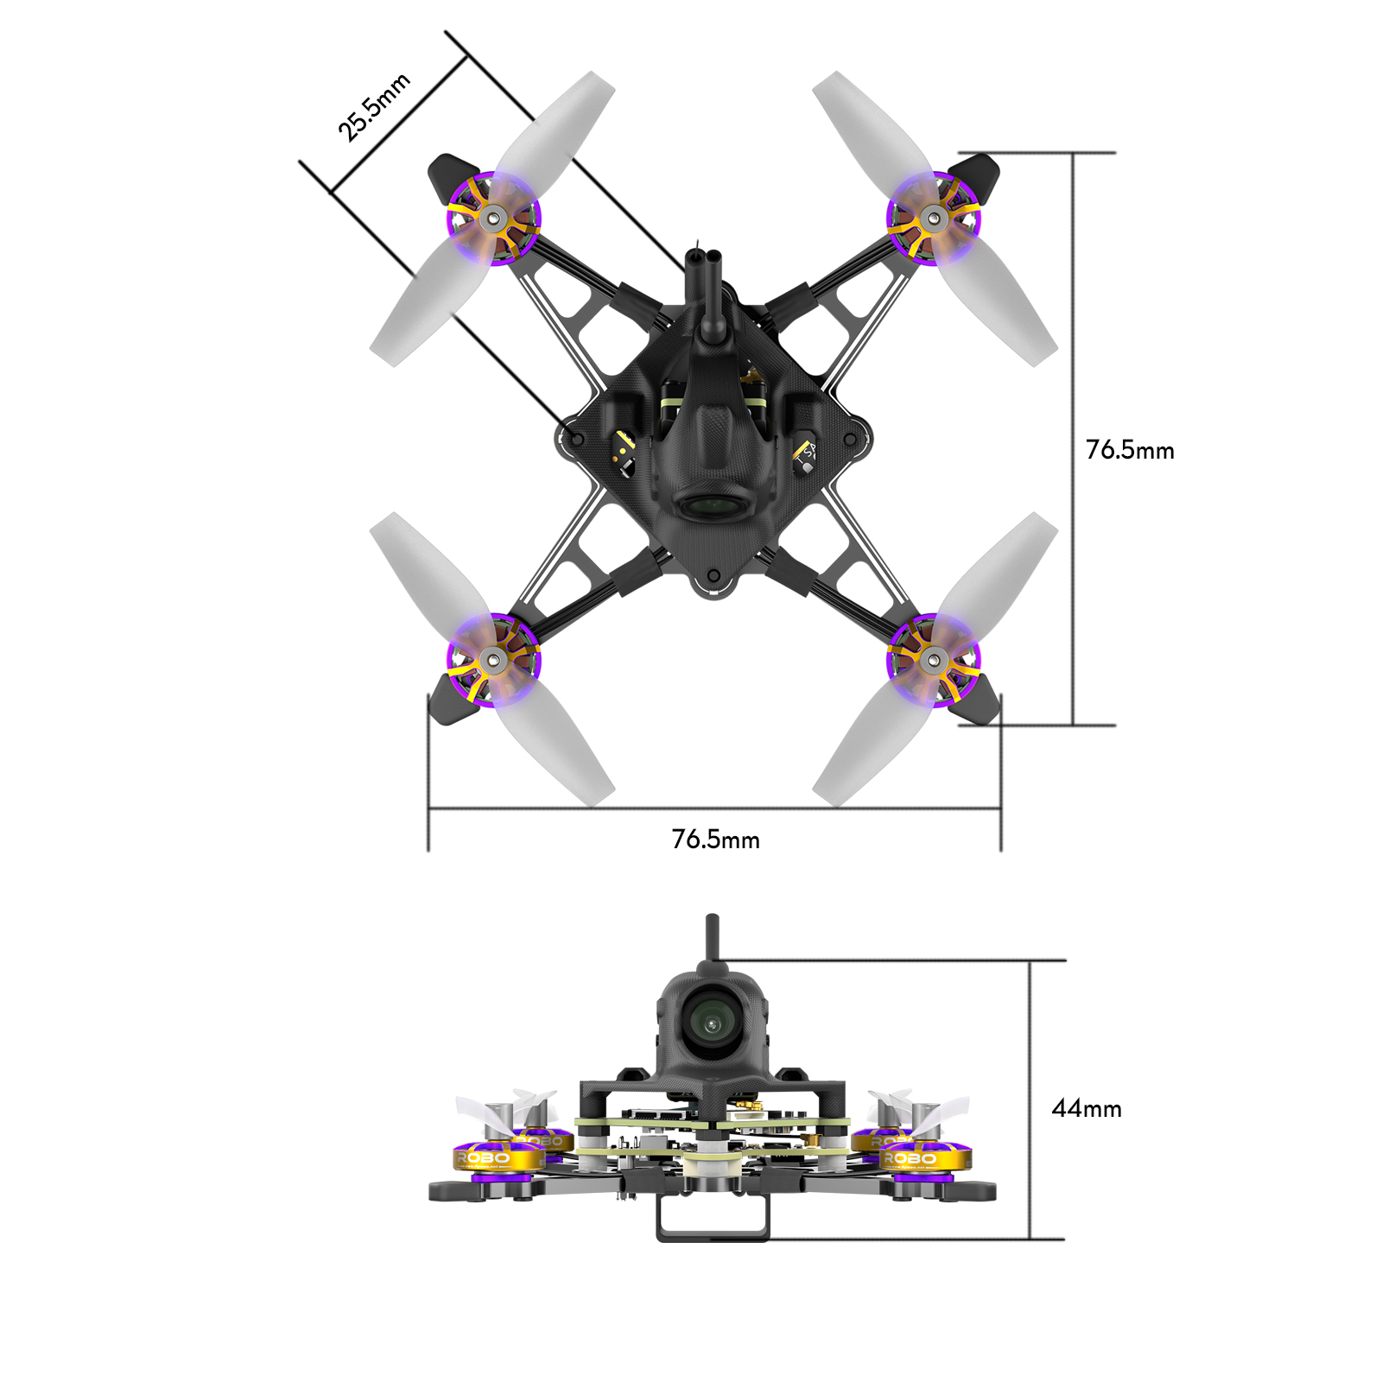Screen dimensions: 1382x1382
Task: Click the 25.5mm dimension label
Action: click(x=373, y=108)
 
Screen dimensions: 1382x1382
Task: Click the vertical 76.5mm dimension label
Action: click(x=1129, y=450)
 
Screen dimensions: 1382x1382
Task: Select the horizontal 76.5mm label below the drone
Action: click(x=715, y=840)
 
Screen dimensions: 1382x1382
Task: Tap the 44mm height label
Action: click(x=1086, y=1109)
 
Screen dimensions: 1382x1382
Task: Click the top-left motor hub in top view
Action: click(x=493, y=218)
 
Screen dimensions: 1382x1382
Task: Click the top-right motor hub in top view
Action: click(x=932, y=218)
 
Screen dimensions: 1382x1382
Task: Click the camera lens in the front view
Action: click(x=711, y=1025)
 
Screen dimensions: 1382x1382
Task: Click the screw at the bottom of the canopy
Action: click(x=713, y=576)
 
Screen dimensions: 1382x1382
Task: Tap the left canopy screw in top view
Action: click(x=577, y=440)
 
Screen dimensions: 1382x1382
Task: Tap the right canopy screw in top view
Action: click(x=850, y=440)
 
